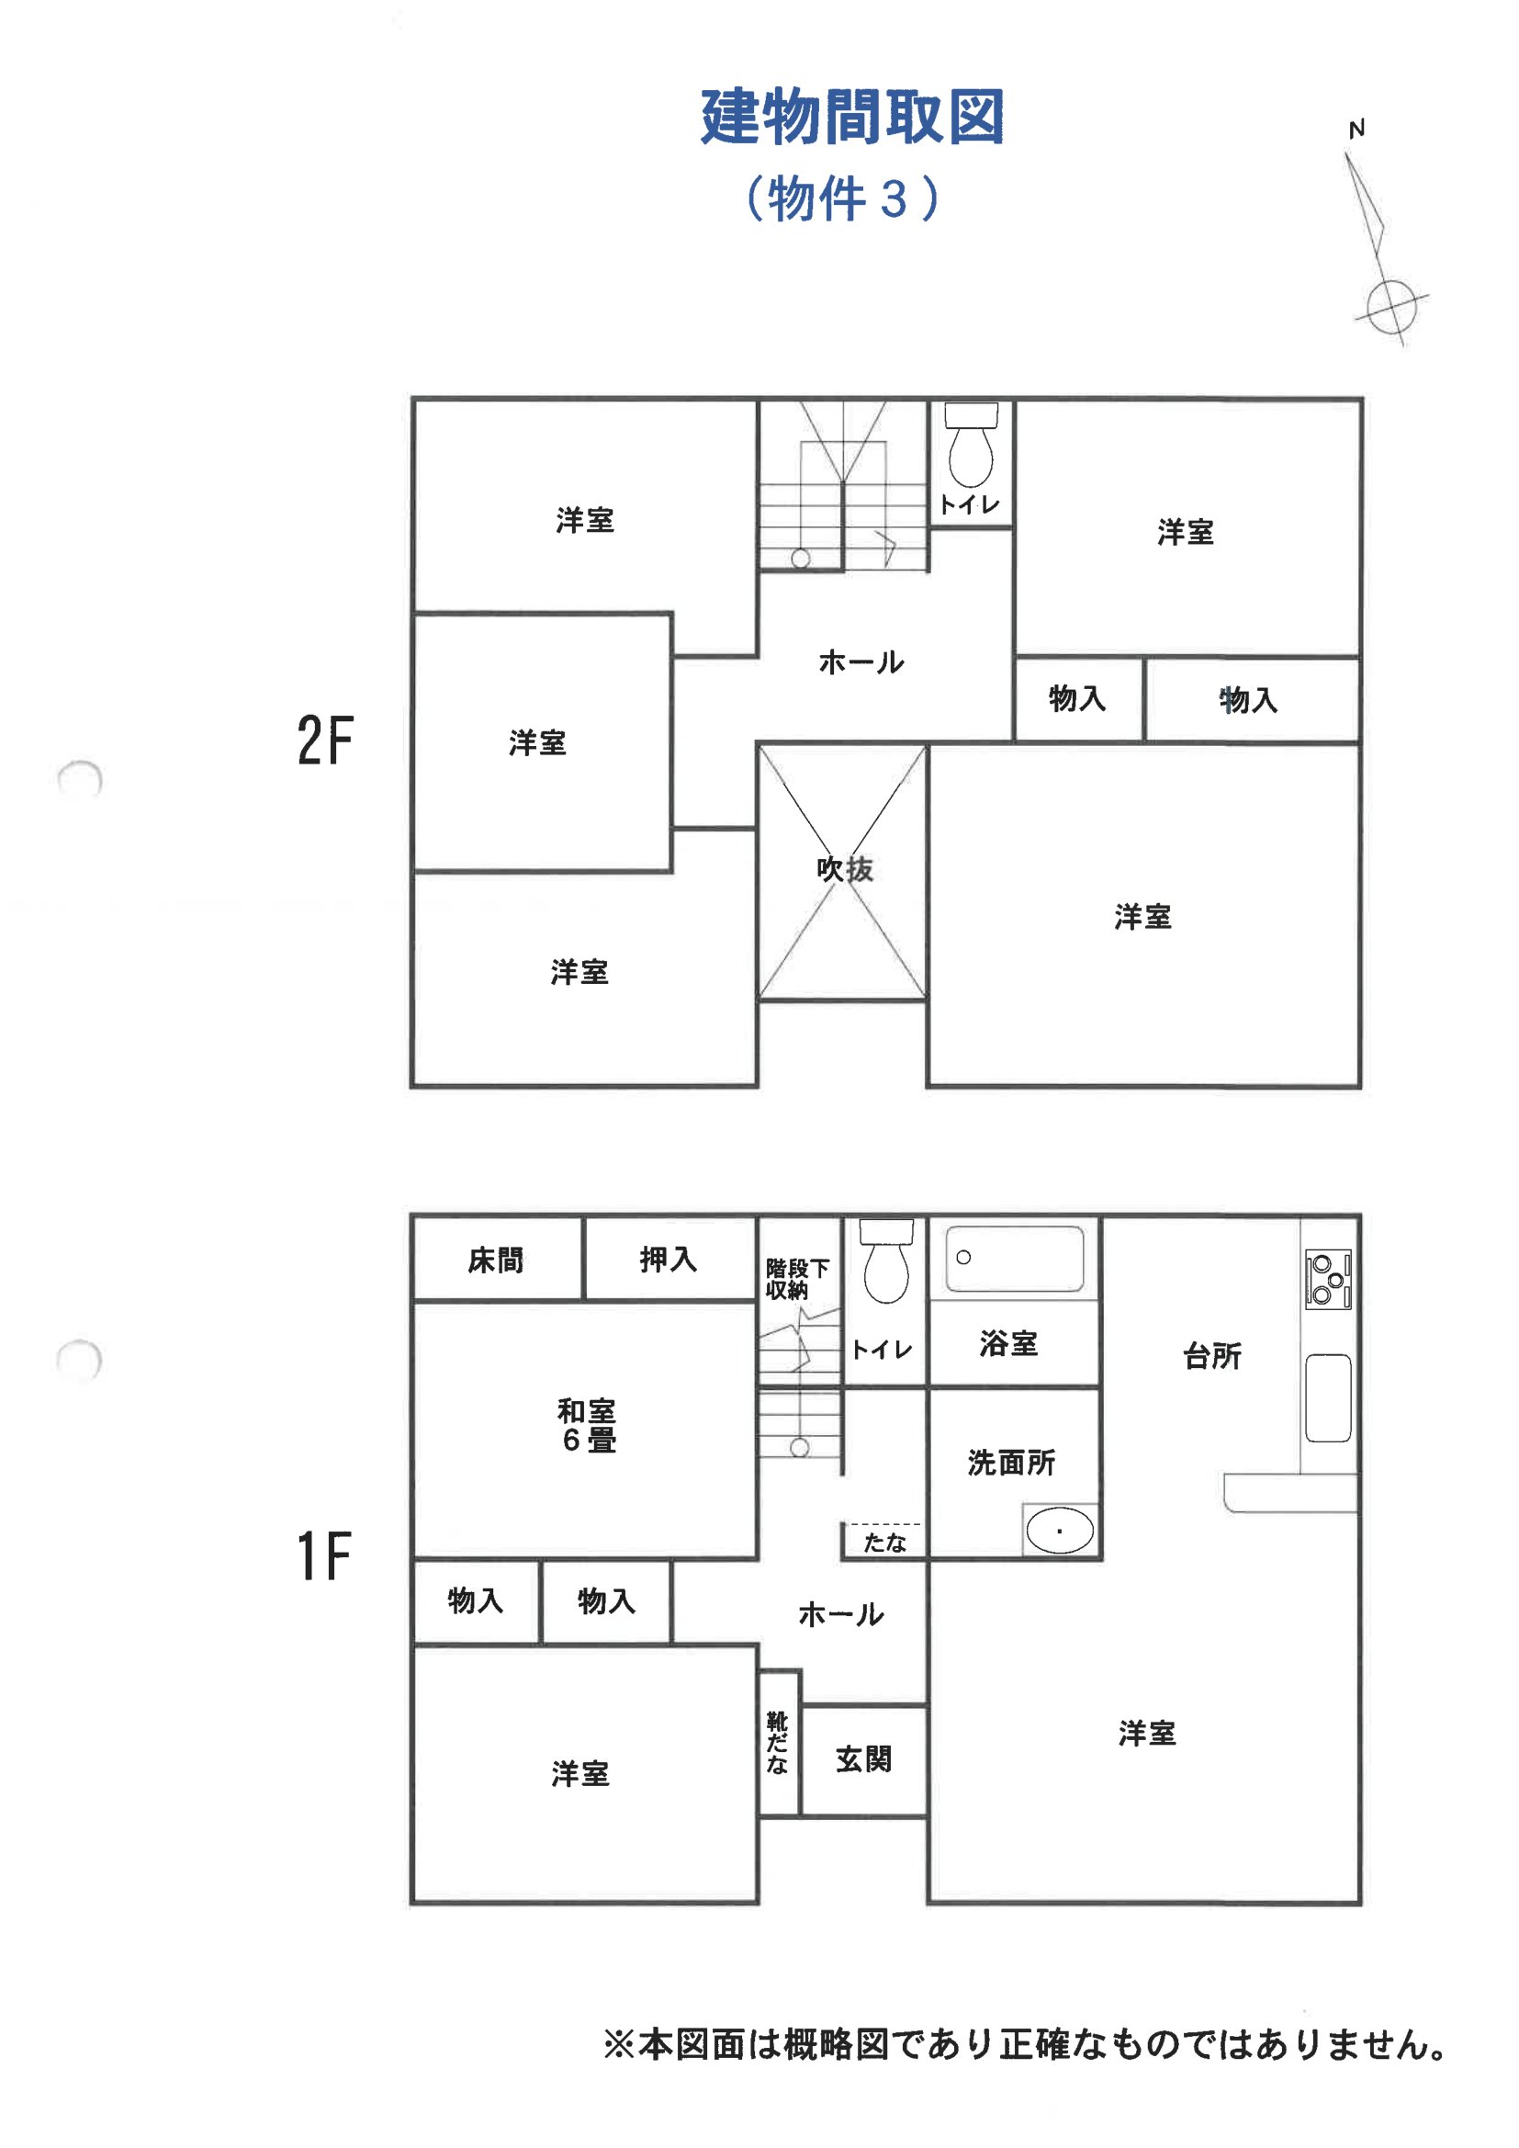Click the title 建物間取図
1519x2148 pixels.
click(x=852, y=117)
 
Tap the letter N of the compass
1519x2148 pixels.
click(x=1356, y=130)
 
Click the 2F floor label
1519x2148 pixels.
click(x=325, y=740)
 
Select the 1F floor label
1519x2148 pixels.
click(x=323, y=1556)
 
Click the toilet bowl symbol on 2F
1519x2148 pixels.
click(x=971, y=445)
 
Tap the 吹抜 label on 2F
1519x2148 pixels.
click(x=845, y=869)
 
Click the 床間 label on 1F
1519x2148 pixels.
click(x=496, y=1261)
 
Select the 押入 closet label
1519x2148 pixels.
click(x=668, y=1260)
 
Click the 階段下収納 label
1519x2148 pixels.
click(x=797, y=1279)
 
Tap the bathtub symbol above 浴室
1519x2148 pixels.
click(x=1015, y=1259)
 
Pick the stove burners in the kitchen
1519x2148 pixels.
click(x=1328, y=1279)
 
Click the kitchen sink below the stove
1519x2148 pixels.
click(x=1328, y=1397)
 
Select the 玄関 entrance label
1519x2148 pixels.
click(x=863, y=1758)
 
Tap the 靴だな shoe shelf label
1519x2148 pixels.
click(x=777, y=1742)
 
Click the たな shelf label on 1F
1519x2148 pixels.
click(x=884, y=1543)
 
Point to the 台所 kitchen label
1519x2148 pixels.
click(x=1212, y=1356)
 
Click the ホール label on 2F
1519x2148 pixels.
click(x=861, y=662)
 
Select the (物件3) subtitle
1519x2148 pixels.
click(x=842, y=198)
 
